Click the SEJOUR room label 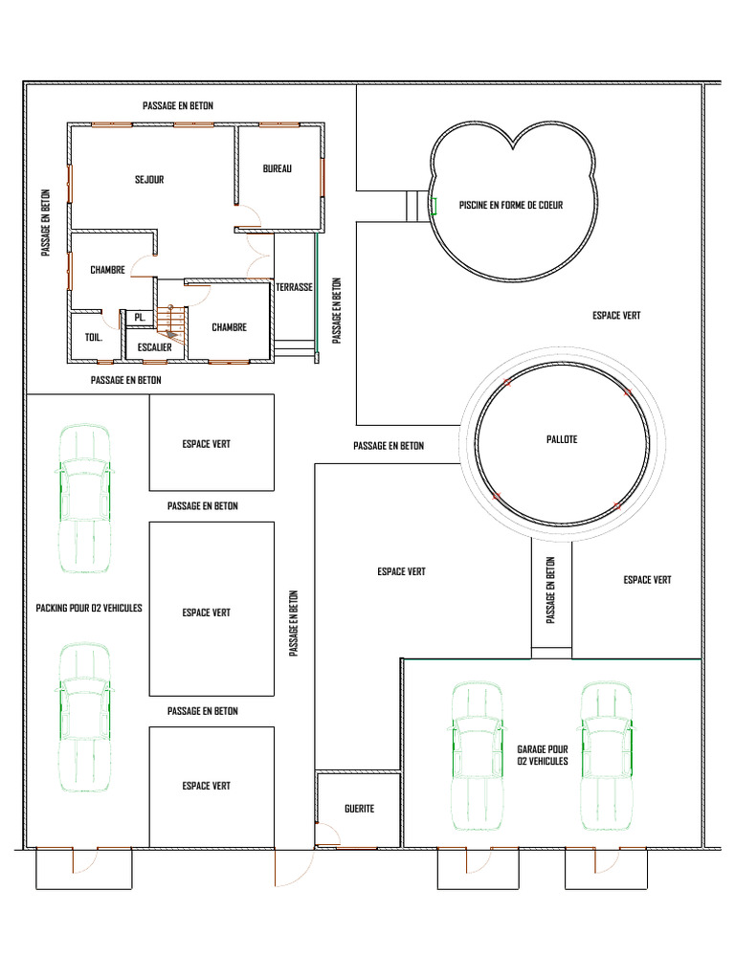[149, 179]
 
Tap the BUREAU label [277, 168]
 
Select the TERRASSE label [295, 287]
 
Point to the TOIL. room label [94, 338]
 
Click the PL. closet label [140, 318]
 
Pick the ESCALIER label [154, 347]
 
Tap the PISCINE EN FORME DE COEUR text [511, 205]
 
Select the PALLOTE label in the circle [562, 439]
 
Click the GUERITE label [360, 809]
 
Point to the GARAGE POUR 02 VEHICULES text [543, 755]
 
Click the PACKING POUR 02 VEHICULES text [89, 608]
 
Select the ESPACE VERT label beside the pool [616, 316]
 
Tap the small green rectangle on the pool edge [434, 206]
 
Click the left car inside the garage [477, 756]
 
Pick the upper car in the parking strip [84, 499]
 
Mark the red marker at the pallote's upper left [507, 383]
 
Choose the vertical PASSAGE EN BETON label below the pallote [550, 590]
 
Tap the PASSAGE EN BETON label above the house [178, 105]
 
